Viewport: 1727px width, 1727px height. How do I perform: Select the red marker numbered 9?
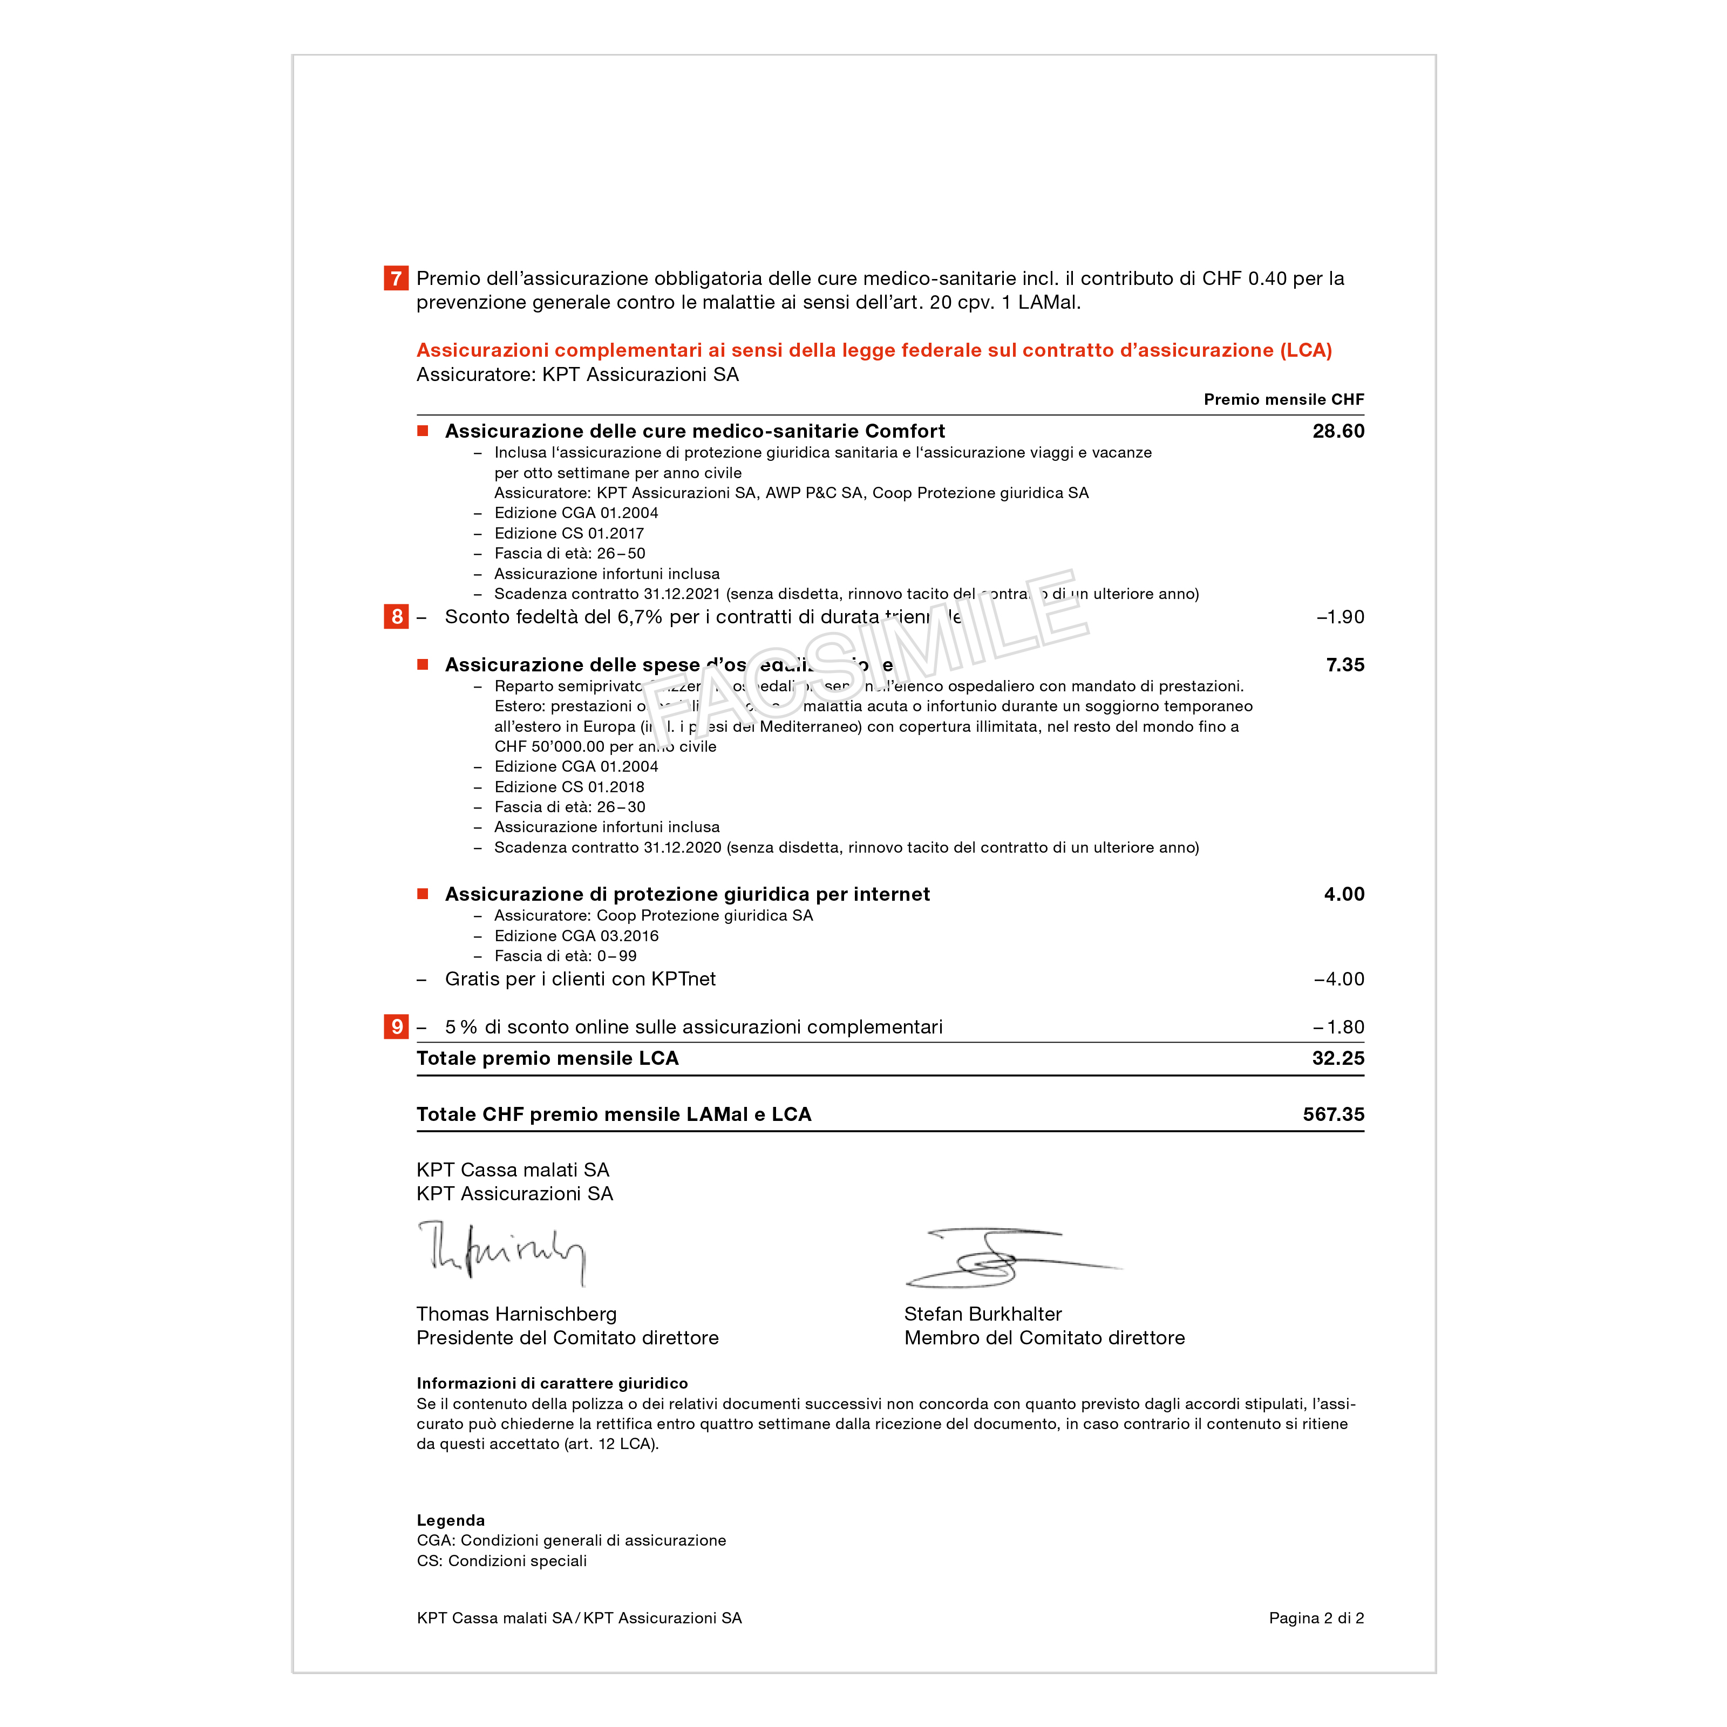point(396,1026)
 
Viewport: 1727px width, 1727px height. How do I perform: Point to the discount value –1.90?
point(1340,617)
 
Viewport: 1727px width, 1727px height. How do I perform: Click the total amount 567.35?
point(1333,1114)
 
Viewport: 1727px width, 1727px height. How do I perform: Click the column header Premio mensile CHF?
point(1283,399)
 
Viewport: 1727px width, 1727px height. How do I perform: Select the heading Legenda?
point(451,1520)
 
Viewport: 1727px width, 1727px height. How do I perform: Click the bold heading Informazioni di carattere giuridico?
point(552,1383)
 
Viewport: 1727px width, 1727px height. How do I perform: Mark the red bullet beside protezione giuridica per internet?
point(423,894)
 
